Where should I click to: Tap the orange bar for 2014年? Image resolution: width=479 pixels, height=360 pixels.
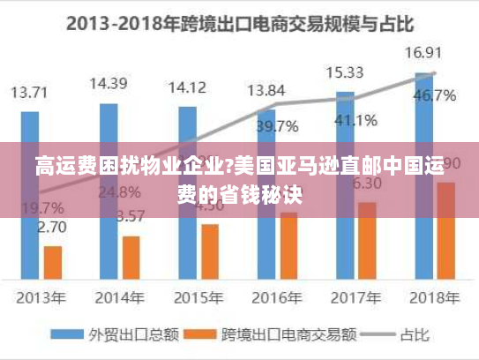coord(131,256)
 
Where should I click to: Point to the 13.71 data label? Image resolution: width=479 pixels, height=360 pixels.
coord(29,92)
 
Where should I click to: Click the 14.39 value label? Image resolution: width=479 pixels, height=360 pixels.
coord(109,84)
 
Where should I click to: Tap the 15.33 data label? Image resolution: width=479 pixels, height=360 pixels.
coord(345,72)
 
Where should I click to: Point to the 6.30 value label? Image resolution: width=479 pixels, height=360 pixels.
coord(366,184)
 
